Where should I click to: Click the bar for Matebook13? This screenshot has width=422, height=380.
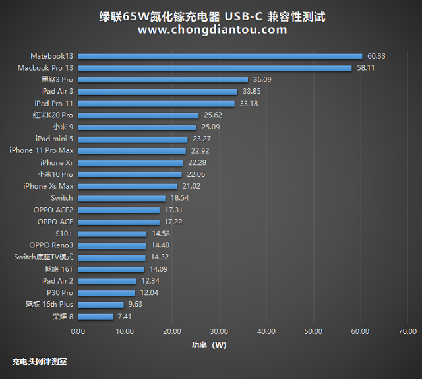click(220, 56)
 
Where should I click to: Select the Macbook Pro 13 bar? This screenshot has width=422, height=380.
click(214, 68)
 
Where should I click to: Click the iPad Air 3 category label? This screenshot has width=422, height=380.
click(57, 91)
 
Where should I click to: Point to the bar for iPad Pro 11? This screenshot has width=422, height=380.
click(156, 104)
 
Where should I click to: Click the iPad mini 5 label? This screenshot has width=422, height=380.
click(55, 139)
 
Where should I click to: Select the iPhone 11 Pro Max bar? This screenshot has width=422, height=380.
click(132, 150)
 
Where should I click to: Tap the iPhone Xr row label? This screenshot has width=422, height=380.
click(57, 162)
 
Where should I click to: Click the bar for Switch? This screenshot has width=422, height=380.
click(121, 198)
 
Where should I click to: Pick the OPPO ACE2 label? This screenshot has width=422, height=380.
click(53, 210)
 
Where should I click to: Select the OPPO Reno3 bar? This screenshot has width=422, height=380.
click(111, 245)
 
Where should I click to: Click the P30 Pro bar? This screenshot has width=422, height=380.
click(106, 293)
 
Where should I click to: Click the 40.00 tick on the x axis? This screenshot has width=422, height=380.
click(266, 331)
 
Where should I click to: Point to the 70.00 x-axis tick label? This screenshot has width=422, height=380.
click(407, 331)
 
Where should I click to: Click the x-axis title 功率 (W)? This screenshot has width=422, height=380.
click(210, 345)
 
